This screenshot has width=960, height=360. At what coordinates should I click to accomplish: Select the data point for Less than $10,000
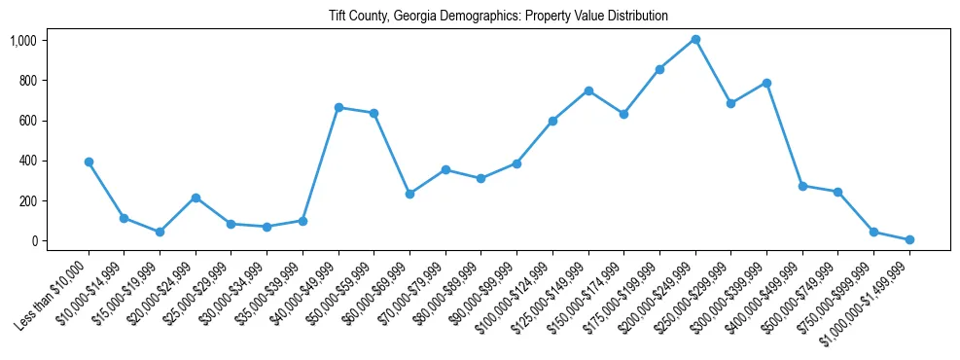(x=89, y=162)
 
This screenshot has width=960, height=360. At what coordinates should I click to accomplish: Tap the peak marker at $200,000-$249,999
(x=695, y=40)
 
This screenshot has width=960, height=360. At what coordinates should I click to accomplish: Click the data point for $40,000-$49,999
(x=338, y=107)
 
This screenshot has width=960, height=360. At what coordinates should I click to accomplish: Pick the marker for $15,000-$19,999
(x=160, y=232)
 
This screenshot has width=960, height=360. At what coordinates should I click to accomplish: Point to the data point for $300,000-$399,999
(x=766, y=83)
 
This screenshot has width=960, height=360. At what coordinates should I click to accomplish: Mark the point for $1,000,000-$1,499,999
(x=909, y=239)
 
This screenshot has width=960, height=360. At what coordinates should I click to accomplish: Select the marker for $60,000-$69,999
(x=409, y=194)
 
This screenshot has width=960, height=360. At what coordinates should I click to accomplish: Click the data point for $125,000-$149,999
(x=588, y=90)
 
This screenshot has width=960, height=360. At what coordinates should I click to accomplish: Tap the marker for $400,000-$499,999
(x=802, y=186)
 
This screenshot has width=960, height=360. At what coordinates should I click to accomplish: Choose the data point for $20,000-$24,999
(x=196, y=198)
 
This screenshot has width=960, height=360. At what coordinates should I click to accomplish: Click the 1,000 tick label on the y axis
(x=23, y=41)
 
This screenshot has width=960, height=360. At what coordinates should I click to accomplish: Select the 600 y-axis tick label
(x=27, y=121)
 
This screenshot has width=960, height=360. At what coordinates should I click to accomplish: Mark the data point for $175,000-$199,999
(x=659, y=69)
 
